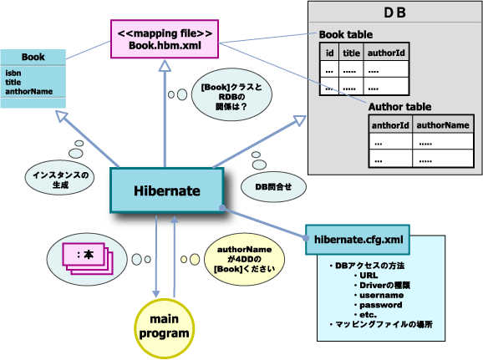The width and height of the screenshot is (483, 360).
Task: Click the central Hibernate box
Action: pyautogui.click(x=167, y=190)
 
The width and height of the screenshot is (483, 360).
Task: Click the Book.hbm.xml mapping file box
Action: pyautogui.click(x=165, y=38)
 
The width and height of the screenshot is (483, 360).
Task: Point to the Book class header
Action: pyautogui.click(x=33, y=57)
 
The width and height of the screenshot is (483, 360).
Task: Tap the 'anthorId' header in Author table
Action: pyautogui.click(x=390, y=124)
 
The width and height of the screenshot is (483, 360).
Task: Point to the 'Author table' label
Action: pyautogui.click(x=399, y=106)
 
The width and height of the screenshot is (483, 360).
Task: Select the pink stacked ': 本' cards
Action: pyautogui.click(x=83, y=254)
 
